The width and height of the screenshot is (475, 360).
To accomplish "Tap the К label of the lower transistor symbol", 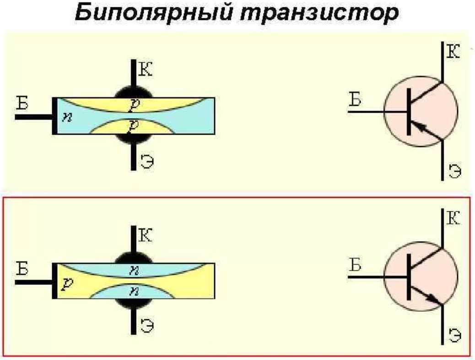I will point(453,218).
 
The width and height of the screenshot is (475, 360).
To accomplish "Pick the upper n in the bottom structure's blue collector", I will point(133,270).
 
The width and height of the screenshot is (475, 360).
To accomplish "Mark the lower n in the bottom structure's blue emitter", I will point(133,291).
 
